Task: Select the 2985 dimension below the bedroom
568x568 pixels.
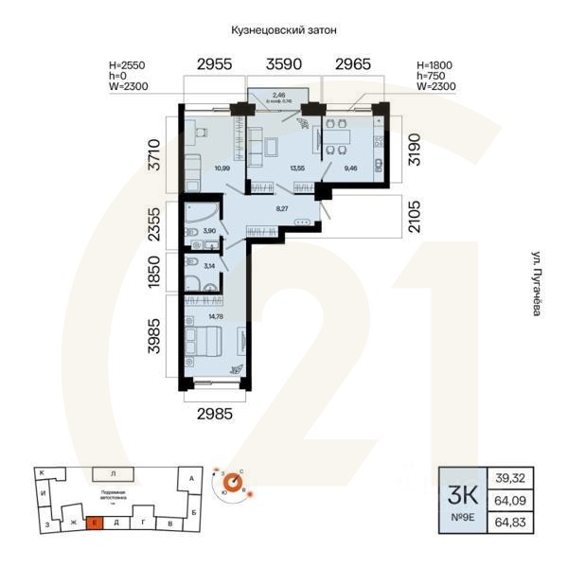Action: pos(215,413)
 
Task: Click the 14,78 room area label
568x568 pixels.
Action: pos(217,316)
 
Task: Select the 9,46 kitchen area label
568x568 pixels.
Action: pos(351,169)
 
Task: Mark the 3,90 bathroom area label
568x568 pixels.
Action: pos(209,230)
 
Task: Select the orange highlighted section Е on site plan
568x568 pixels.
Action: pos(95,522)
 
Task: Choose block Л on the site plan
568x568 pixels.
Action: pos(112,472)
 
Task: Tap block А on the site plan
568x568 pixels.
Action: pos(191,479)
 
